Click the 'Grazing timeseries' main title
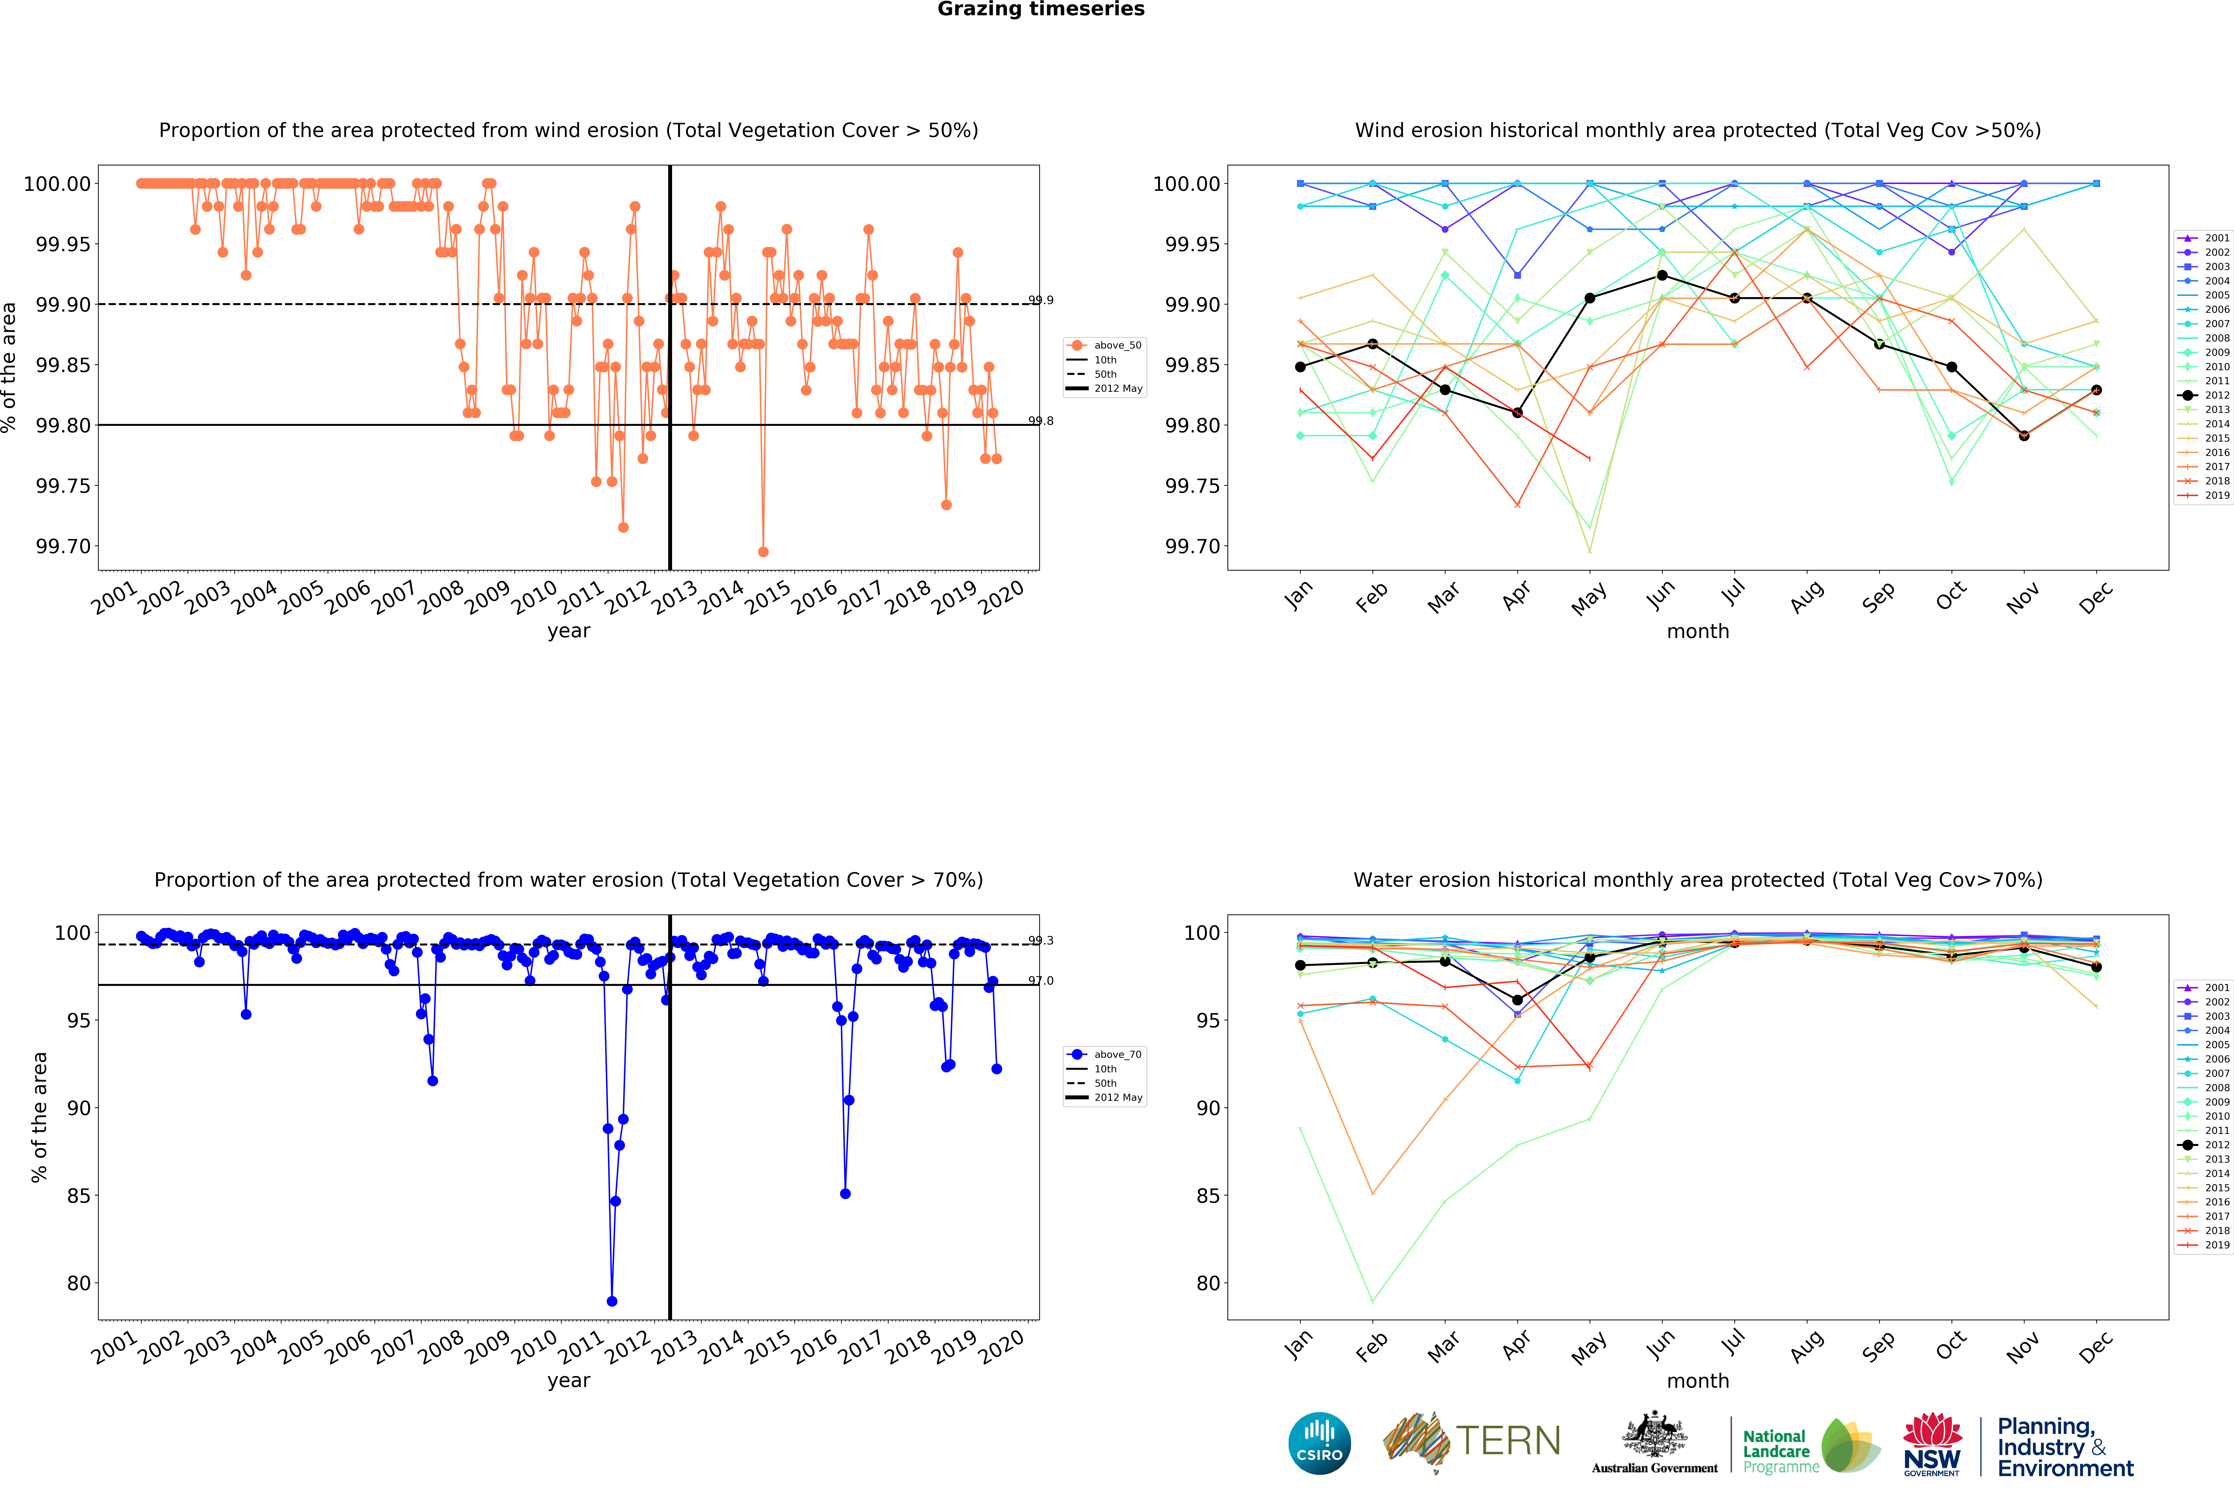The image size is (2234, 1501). (1040, 10)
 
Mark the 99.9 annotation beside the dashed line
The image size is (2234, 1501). (1040, 301)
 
